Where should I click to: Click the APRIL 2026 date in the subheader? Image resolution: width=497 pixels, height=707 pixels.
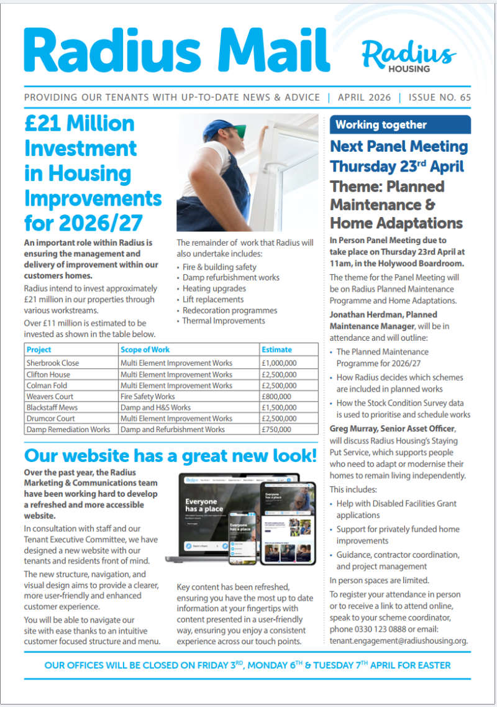pyautogui.click(x=364, y=98)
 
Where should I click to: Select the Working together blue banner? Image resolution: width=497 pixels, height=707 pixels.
pyautogui.click(x=400, y=125)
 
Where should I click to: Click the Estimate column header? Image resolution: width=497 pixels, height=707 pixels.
pyautogui.click(x=276, y=349)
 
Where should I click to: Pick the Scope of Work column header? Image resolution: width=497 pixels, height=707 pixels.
pyautogui.click(x=145, y=349)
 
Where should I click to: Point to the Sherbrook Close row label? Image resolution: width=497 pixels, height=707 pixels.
pyautogui.click(x=53, y=363)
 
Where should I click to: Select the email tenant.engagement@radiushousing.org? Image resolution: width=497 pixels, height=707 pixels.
pyautogui.click(x=398, y=640)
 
